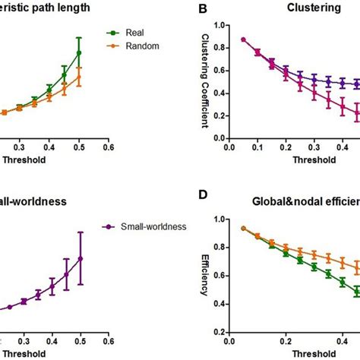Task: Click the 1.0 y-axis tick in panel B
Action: (219, 26)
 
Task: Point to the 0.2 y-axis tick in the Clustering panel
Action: (219, 115)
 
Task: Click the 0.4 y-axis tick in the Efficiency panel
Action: (219, 304)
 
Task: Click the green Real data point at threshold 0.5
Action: (79, 52)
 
